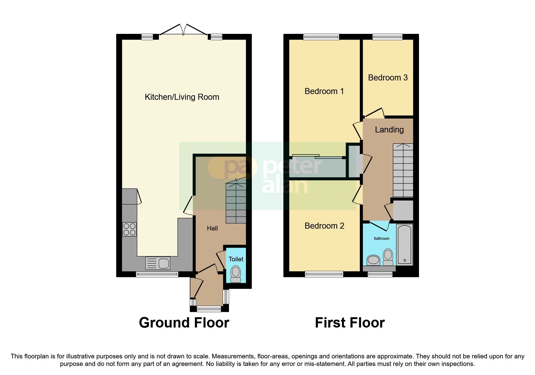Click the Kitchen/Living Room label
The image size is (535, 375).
[182, 97]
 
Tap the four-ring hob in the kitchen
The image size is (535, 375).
[129, 229]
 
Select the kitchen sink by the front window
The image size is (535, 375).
[158, 263]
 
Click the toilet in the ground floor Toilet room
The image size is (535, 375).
[236, 274]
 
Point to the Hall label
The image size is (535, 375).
[212, 228]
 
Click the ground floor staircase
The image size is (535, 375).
[236, 203]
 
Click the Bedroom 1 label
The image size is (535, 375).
[324, 91]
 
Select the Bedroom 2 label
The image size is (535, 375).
[324, 226]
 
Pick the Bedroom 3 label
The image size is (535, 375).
[388, 78]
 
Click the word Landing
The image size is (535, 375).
[389, 130]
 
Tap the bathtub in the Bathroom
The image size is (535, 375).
[404, 244]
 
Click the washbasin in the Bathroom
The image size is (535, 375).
[373, 260]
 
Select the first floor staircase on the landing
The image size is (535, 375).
[403, 171]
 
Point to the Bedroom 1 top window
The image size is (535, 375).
[321, 37]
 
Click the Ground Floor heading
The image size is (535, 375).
[184, 323]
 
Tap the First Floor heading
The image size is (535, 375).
[350, 323]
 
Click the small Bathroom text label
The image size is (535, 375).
[382, 239]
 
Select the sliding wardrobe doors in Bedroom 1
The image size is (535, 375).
[318, 157]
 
